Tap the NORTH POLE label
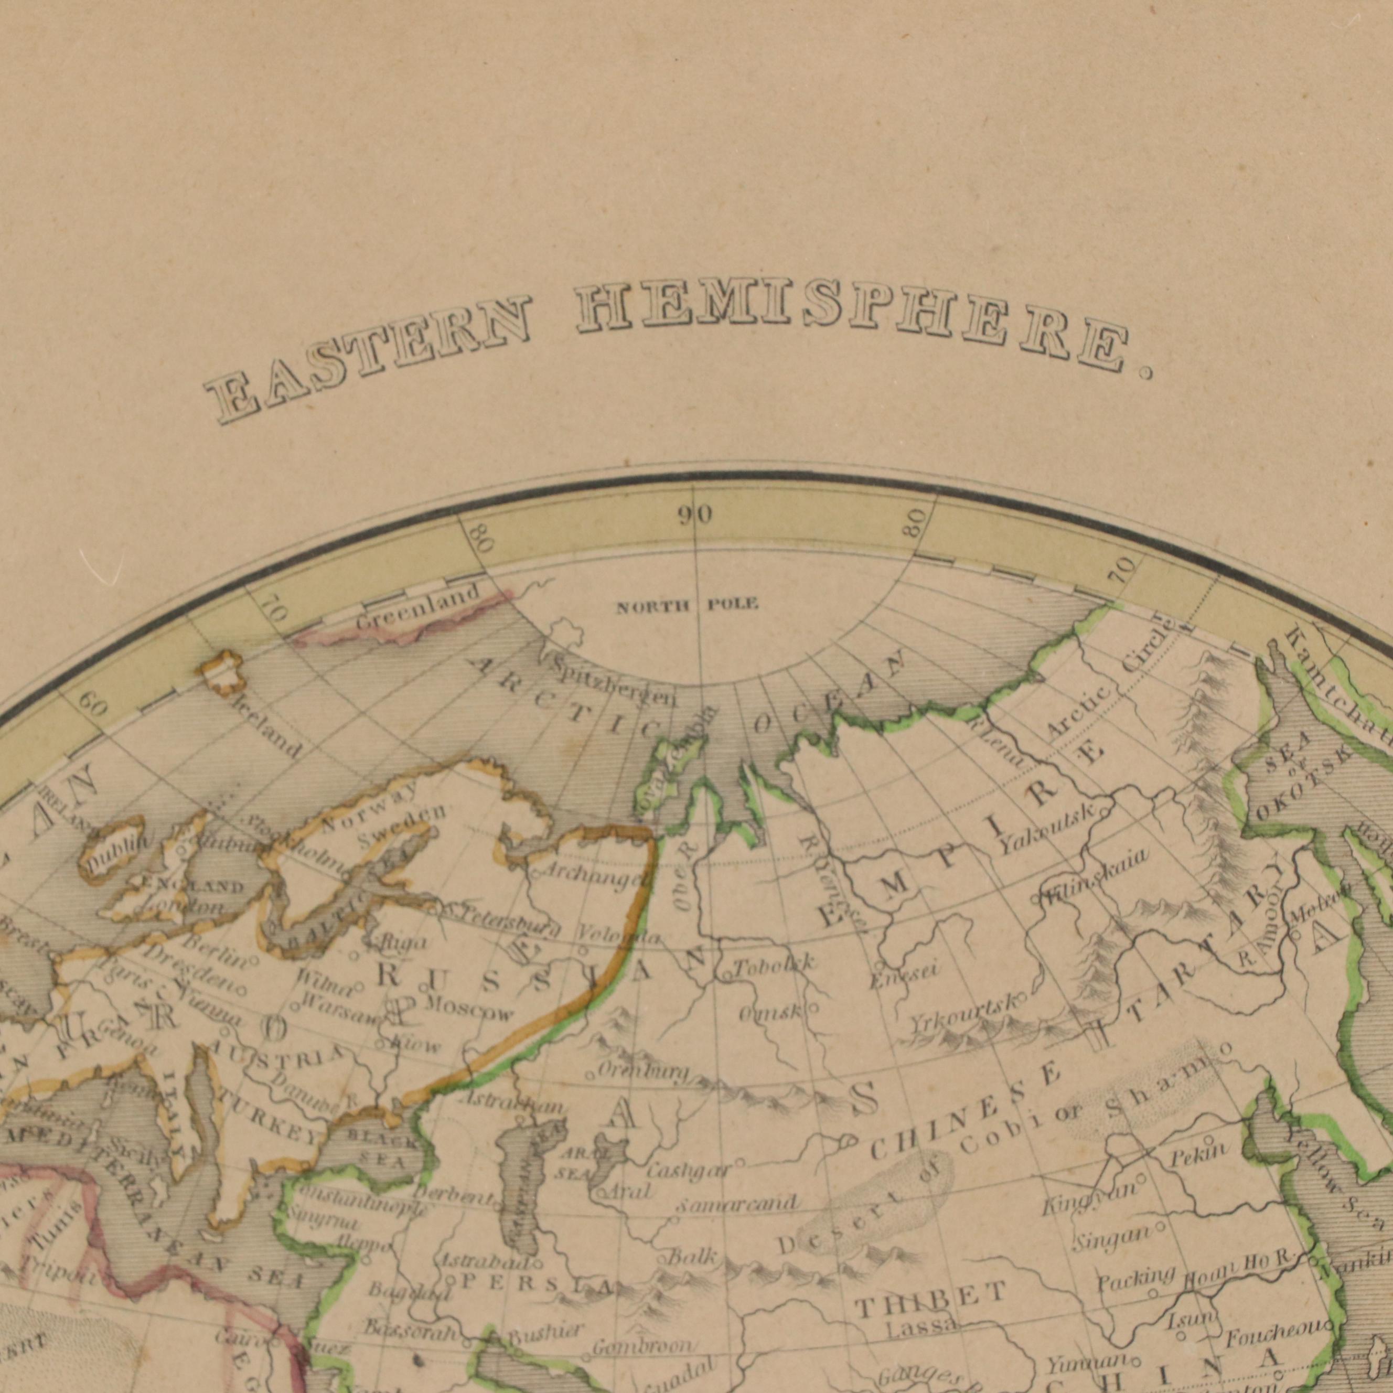click(687, 605)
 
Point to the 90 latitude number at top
click(694, 515)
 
